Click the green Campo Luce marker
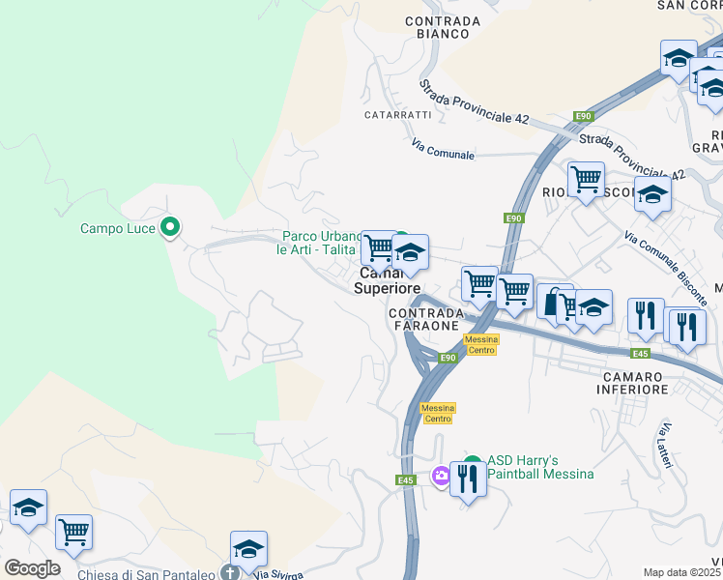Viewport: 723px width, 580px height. coord(170,228)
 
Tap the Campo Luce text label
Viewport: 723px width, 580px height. coord(119,229)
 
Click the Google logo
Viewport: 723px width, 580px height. coord(32,568)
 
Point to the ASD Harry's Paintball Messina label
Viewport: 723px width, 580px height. coord(540,468)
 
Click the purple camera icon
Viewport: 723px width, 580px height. coord(442,475)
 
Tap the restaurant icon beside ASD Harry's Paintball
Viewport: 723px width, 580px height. coord(468,478)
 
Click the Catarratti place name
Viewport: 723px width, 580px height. coord(397,115)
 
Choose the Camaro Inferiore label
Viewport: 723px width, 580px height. coord(634,383)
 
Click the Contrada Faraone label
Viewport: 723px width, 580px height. coord(422,320)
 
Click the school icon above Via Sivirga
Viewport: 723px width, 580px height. coord(248,548)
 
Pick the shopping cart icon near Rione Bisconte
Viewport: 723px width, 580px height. coord(586,179)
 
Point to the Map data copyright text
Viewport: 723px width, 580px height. coord(682,572)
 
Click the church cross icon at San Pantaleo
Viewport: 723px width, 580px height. coord(230,572)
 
